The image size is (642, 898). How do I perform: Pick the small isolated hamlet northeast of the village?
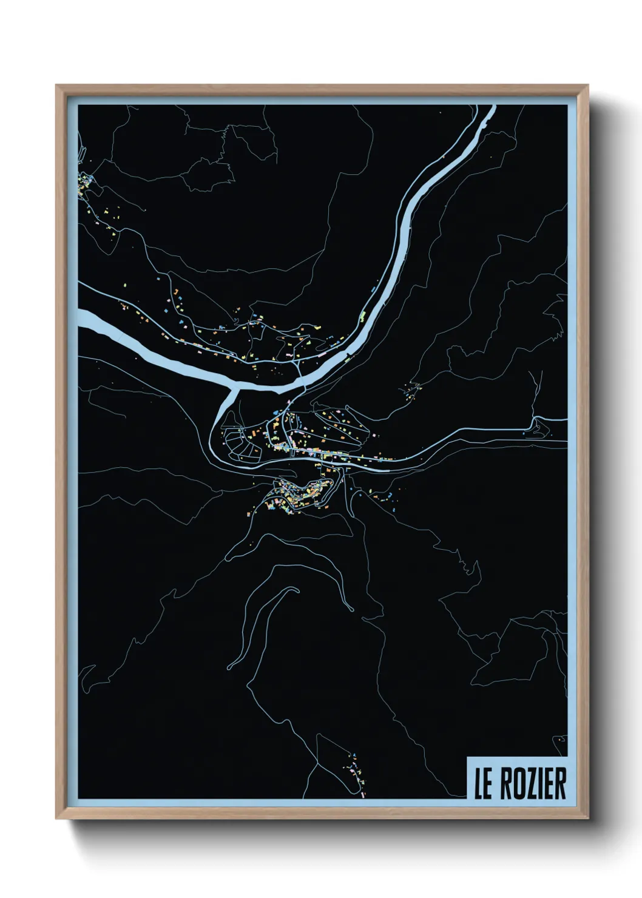[413, 390]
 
